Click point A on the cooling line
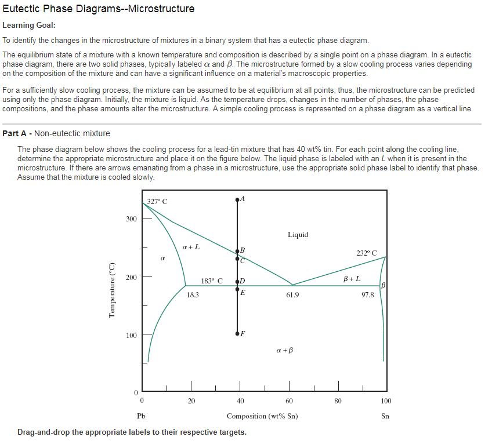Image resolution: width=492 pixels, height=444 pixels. pyautogui.click(x=237, y=199)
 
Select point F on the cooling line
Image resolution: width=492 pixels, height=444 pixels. pyautogui.click(x=237, y=334)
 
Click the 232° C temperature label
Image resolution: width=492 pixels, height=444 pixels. pyautogui.click(x=366, y=253)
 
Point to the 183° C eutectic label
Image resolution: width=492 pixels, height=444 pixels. pyautogui.click(x=212, y=281)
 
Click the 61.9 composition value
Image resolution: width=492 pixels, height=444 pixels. pyautogui.click(x=292, y=295)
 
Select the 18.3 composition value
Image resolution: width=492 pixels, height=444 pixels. pyautogui.click(x=193, y=295)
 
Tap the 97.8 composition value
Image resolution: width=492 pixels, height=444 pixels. pyautogui.click(x=367, y=295)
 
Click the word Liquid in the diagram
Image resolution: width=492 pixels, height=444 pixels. pyautogui.click(x=298, y=235)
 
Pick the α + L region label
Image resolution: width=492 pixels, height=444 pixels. pyautogui.click(x=191, y=246)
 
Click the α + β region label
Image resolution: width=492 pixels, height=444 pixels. pyautogui.click(x=285, y=350)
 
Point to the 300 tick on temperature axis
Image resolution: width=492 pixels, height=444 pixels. pyautogui.click(x=132, y=219)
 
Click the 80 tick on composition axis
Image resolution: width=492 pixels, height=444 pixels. pyautogui.click(x=338, y=401)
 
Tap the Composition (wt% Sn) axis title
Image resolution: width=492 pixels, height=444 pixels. pyautogui.click(x=262, y=416)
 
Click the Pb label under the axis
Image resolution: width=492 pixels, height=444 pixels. pyautogui.click(x=141, y=416)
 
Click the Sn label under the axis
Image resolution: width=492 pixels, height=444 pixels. pyautogui.click(x=385, y=416)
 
